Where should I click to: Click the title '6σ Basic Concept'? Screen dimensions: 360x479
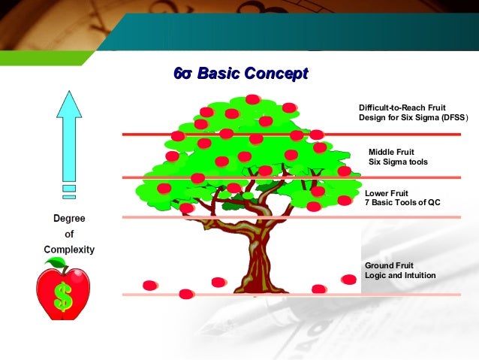click(240, 74)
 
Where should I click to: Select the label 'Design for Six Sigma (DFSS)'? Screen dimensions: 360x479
click(413, 118)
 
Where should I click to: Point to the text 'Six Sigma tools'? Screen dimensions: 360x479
click(398, 162)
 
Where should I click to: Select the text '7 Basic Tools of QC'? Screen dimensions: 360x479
click(402, 203)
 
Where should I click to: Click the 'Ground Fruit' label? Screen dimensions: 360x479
click(390, 265)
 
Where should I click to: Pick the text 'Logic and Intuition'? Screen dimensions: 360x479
click(399, 275)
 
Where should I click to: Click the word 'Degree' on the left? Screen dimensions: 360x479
click(68, 219)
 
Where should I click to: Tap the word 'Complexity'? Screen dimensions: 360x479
click(68, 249)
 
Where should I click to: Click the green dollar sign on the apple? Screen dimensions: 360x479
click(64, 298)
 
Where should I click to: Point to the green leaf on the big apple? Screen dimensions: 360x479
click(56, 263)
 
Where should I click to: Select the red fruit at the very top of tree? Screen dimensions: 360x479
click(253, 99)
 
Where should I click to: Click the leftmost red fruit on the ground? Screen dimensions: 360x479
click(150, 285)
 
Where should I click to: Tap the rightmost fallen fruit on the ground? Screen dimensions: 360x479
click(348, 280)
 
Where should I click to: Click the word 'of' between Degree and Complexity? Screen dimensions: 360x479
click(68, 234)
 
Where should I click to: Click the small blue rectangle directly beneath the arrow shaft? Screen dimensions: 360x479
click(69, 188)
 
